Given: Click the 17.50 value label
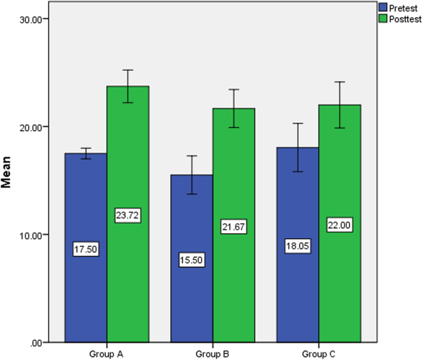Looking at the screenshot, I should (x=86, y=250).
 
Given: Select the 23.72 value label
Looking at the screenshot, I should (x=128, y=215).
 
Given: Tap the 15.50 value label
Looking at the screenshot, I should (x=191, y=260).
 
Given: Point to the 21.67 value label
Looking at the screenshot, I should (x=233, y=227).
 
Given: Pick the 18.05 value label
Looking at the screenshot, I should (x=297, y=245).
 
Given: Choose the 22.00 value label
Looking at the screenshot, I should (x=339, y=226).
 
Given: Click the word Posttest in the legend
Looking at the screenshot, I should (x=404, y=19).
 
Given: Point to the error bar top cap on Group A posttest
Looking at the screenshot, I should (x=128, y=70).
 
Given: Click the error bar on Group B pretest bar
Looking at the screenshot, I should (x=191, y=175).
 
